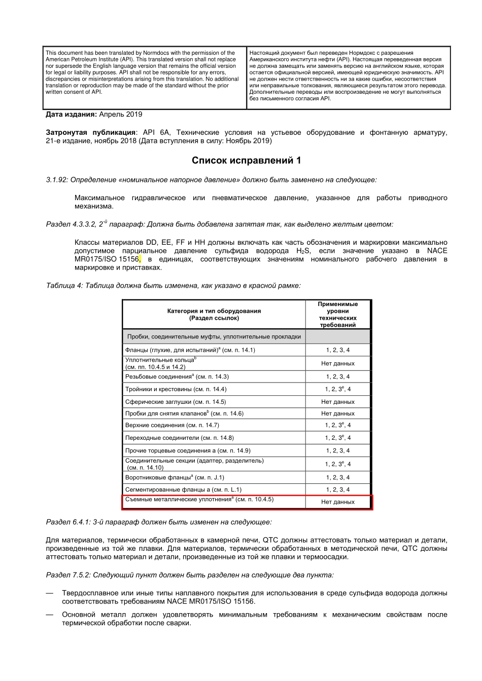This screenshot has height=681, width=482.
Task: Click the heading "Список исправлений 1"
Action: (x=246, y=161)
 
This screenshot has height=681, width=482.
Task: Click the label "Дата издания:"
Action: (x=71, y=115)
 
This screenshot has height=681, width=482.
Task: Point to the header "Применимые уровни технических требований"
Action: (x=337, y=314)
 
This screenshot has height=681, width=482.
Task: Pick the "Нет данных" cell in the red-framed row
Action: (x=337, y=502)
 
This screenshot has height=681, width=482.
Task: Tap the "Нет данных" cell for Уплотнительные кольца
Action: (x=337, y=363)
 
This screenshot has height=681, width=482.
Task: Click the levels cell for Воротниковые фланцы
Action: (x=337, y=477)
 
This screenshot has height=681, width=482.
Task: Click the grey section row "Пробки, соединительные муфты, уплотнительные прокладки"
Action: (x=214, y=336)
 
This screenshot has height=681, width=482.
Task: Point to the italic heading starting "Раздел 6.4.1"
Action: (x=158, y=521)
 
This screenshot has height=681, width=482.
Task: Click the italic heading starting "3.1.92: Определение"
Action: (x=211, y=180)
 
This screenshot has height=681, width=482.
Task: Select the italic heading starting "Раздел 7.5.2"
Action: (x=190, y=575)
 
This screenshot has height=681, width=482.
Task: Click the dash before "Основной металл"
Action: (x=49, y=615)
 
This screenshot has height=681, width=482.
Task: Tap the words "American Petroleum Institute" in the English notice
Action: (x=79, y=59)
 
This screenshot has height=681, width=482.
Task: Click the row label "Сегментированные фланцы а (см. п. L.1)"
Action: (x=183, y=489)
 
